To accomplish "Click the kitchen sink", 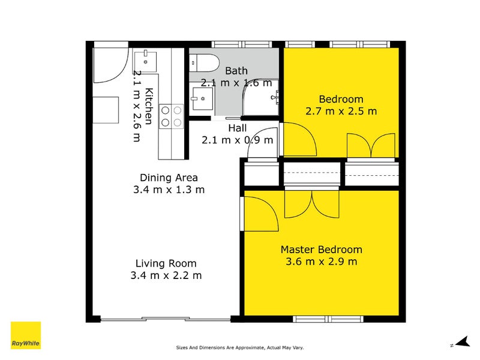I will click(x=145, y=60).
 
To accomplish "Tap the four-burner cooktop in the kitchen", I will click(x=170, y=116).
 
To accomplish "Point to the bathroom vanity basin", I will click(x=202, y=97).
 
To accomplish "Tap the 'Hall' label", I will click(x=237, y=128).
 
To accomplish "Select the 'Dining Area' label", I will click(x=169, y=178).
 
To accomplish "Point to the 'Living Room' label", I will click(x=166, y=263).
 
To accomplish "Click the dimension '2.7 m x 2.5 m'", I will click(x=341, y=111).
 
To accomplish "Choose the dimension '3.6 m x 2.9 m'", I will click(x=322, y=262).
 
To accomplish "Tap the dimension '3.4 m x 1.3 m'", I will click(x=169, y=190).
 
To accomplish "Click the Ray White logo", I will click(x=26, y=335).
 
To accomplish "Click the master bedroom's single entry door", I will click(x=259, y=213).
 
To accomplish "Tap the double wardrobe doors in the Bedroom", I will click(x=371, y=145).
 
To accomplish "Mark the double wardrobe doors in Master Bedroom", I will click(x=311, y=204).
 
